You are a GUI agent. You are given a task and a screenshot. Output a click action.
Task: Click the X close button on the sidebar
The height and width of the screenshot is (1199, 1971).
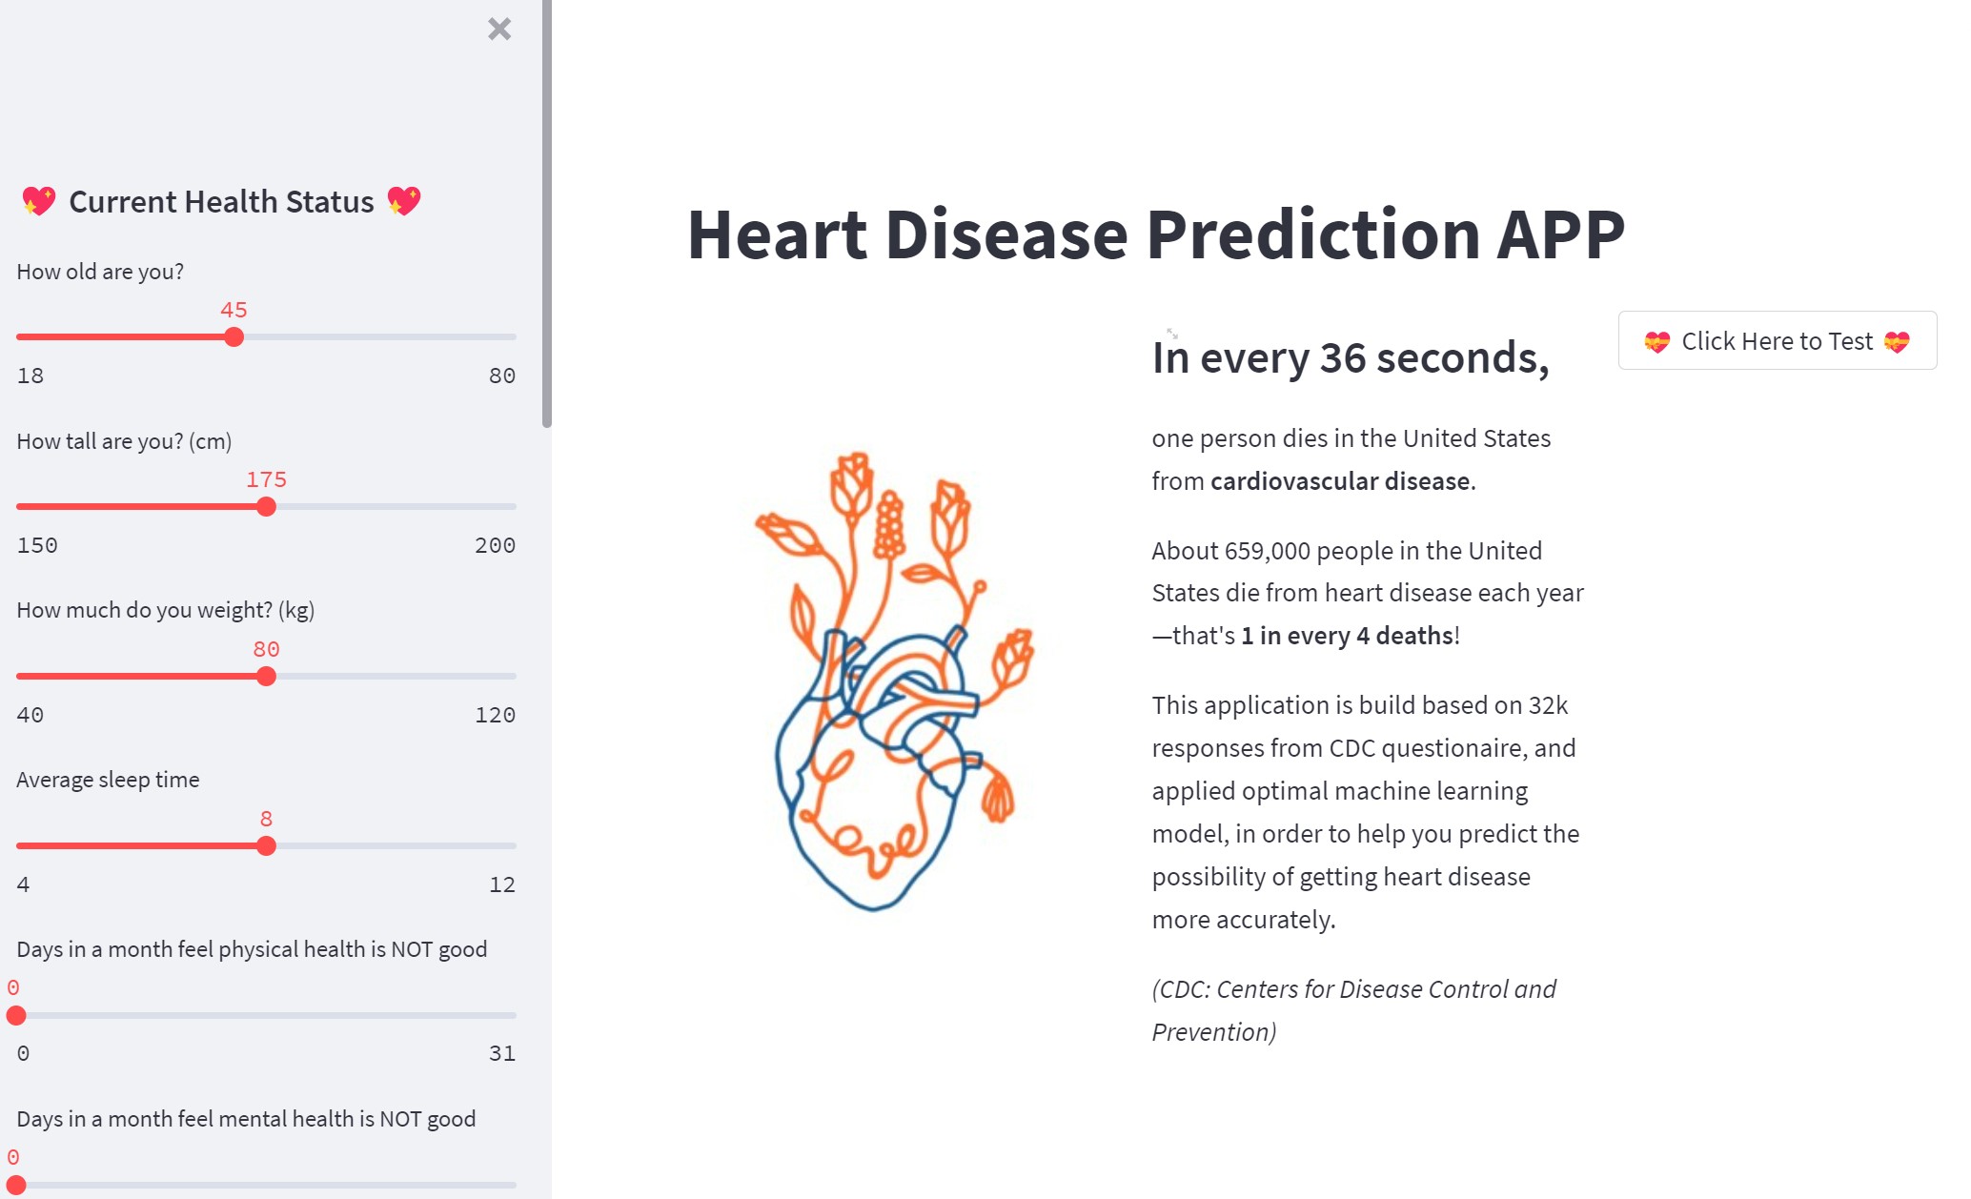pyautogui.click(x=499, y=29)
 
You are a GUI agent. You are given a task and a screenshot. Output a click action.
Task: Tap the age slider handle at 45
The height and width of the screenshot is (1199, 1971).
pyautogui.click(x=234, y=336)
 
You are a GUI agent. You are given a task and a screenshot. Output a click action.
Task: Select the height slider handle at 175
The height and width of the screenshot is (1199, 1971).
pyautogui.click(x=266, y=506)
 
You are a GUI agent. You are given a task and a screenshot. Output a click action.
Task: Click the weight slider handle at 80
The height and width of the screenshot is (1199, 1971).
pyautogui.click(x=266, y=676)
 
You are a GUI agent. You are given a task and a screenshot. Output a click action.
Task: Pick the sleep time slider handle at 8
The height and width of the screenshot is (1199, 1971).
pyautogui.click(x=266, y=845)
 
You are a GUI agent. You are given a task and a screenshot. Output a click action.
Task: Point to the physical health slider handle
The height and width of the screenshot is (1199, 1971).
pyautogui.click(x=16, y=1015)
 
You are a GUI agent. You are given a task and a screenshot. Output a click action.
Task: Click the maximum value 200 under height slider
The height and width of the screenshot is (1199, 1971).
pyautogui.click(x=495, y=545)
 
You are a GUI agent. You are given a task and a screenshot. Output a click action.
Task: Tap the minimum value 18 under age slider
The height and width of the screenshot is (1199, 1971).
pyautogui.click(x=30, y=376)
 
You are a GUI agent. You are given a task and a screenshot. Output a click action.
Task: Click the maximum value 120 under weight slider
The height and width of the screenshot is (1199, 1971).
pyautogui.click(x=495, y=715)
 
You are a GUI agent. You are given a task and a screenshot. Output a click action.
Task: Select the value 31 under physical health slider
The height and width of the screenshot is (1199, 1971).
pyautogui.click(x=502, y=1053)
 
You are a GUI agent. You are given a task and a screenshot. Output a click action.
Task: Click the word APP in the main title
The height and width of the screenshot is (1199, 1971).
pyautogui.click(x=1561, y=234)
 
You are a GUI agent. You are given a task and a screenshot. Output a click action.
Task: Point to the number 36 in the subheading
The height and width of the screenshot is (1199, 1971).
pyautogui.click(x=1344, y=358)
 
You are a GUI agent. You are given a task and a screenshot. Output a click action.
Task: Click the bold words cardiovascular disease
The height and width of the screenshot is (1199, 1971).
pyautogui.click(x=1340, y=481)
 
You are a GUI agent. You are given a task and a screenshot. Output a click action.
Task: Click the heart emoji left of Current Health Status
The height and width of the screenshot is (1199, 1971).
pyautogui.click(x=38, y=201)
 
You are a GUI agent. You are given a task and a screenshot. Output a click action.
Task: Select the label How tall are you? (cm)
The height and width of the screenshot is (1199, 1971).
pyautogui.click(x=124, y=441)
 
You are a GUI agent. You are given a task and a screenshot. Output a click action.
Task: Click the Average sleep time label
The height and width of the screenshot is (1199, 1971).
pyautogui.click(x=108, y=780)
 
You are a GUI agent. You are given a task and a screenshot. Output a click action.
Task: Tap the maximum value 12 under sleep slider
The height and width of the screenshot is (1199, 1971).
pyautogui.click(x=502, y=884)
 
